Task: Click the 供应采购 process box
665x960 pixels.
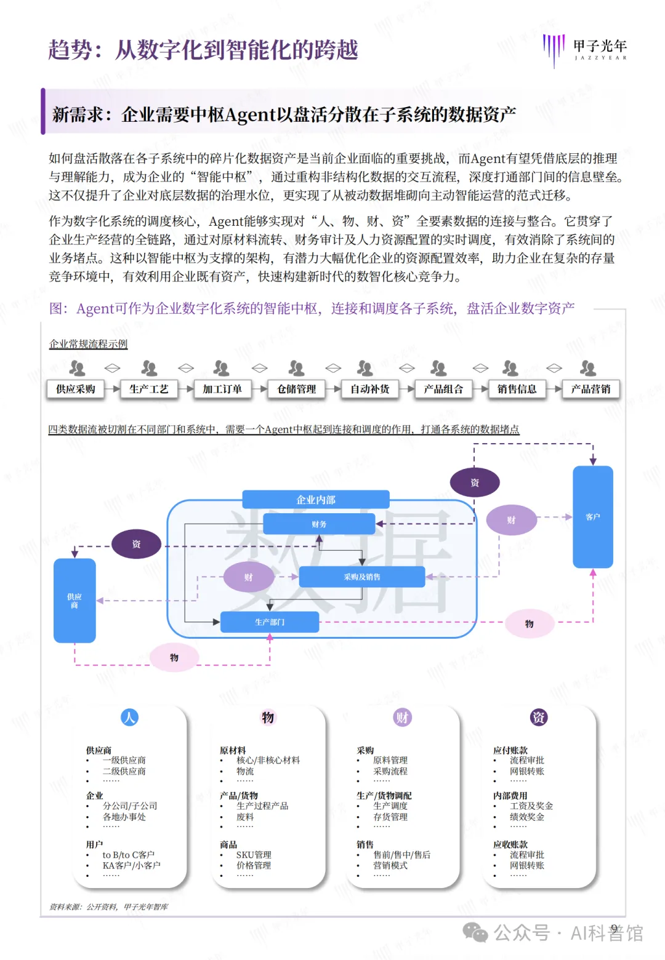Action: (x=76, y=389)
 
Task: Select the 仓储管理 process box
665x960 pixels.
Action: (x=296, y=389)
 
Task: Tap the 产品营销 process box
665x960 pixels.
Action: (x=590, y=389)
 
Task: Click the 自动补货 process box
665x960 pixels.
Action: (x=369, y=389)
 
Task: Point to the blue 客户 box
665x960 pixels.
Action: (x=592, y=517)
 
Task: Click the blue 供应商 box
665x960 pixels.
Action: (x=75, y=601)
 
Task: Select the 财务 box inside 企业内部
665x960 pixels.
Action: (x=319, y=524)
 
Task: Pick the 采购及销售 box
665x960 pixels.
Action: (x=362, y=577)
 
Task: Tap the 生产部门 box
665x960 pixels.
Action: (x=270, y=622)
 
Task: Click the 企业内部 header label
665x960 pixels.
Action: (x=315, y=500)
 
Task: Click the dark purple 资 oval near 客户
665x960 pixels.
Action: (x=475, y=482)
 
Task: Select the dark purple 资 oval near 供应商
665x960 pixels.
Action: (x=136, y=544)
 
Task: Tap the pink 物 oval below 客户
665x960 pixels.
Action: (x=530, y=624)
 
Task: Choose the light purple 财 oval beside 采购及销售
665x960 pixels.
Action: (x=248, y=577)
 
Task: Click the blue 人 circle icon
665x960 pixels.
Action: (x=129, y=718)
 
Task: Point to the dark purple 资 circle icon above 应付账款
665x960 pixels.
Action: (x=539, y=718)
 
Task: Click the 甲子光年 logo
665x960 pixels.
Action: (x=585, y=49)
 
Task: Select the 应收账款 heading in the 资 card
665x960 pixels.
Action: (x=510, y=844)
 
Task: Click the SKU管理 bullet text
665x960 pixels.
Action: (x=254, y=855)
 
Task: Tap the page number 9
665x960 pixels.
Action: (x=614, y=929)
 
